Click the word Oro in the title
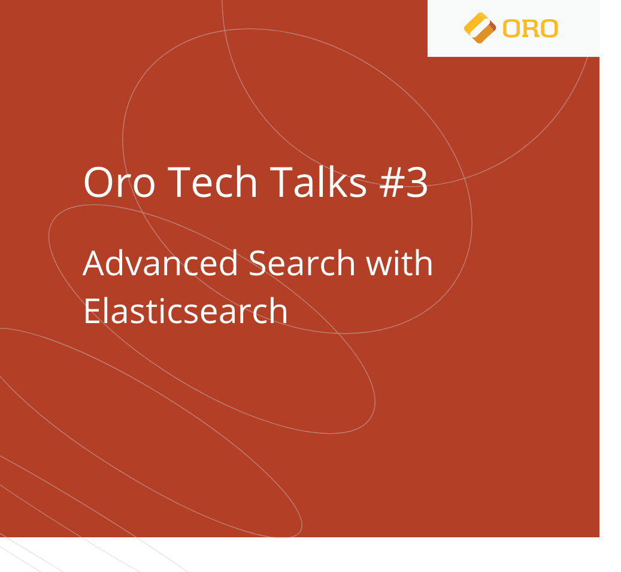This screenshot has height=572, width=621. (x=119, y=182)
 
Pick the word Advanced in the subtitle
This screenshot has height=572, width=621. (x=160, y=263)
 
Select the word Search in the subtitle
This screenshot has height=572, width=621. (x=302, y=263)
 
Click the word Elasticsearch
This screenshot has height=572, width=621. (x=186, y=311)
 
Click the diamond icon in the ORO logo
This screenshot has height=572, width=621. (x=480, y=28)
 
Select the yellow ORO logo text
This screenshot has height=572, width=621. (x=531, y=28)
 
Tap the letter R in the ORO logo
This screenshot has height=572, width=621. (x=531, y=28)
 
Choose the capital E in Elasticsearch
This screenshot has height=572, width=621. (x=91, y=311)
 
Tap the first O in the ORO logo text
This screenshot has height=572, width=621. (x=511, y=28)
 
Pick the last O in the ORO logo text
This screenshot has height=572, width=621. (x=549, y=28)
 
